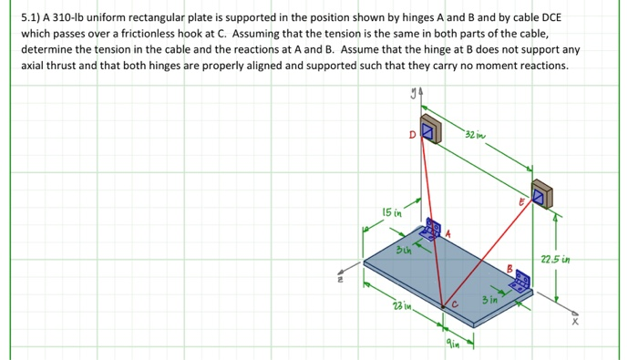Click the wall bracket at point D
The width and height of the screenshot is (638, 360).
(429, 130)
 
